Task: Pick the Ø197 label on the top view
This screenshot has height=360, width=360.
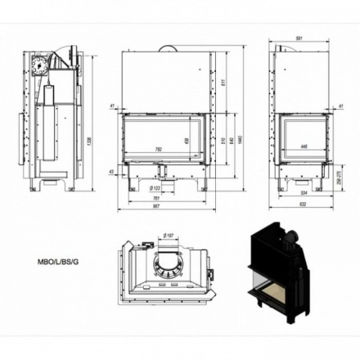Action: [169, 236]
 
